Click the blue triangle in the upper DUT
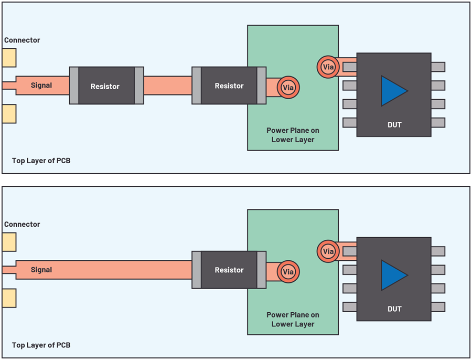point(392,91)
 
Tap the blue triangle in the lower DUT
point(392,275)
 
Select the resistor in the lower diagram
point(229,270)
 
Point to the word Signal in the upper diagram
point(41,85)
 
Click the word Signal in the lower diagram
point(41,270)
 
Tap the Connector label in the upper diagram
point(22,40)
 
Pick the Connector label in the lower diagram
point(22,225)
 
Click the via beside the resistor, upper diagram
point(288,88)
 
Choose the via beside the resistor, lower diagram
point(288,272)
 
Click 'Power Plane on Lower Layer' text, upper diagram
point(293,135)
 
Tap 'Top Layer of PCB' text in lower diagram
point(41,345)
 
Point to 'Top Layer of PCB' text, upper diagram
point(41,161)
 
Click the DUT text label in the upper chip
point(394,125)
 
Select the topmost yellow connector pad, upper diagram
point(9,58)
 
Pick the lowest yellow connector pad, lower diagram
point(9,298)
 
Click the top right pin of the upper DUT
point(438,67)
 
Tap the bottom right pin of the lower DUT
point(438,306)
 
